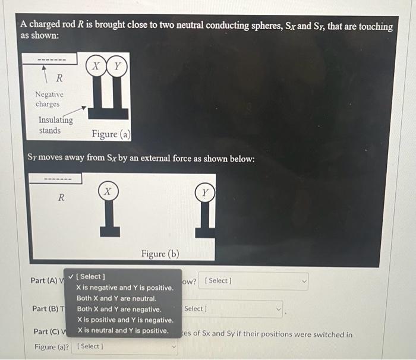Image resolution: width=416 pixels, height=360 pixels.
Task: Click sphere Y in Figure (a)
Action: tap(117, 67)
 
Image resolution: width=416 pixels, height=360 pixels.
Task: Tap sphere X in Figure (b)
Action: tap(108, 192)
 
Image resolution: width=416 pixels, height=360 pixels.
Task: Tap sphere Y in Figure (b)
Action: tap(205, 193)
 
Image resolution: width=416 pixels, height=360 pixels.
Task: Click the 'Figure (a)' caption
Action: tap(111, 134)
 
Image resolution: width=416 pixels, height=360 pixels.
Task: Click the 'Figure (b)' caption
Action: tap(160, 254)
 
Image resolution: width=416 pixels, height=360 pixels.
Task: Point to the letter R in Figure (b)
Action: tap(61, 198)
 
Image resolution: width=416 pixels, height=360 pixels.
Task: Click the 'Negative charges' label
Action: tap(49, 99)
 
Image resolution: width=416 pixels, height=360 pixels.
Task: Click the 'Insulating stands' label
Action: tap(55, 125)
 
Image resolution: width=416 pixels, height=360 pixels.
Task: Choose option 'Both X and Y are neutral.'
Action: tap(116, 298)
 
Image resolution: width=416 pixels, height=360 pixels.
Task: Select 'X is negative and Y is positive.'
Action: tap(125, 288)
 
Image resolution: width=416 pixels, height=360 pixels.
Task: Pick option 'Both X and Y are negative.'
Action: tap(119, 309)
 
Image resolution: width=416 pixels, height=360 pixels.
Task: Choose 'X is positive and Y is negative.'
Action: tap(125, 320)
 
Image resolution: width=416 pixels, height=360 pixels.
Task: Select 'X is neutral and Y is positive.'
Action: tap(122, 330)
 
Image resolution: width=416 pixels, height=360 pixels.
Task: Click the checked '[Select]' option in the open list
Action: tap(91, 276)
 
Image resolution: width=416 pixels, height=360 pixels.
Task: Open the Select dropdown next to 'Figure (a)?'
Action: tap(125, 346)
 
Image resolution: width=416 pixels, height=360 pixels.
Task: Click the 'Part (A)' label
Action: tap(45, 280)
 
